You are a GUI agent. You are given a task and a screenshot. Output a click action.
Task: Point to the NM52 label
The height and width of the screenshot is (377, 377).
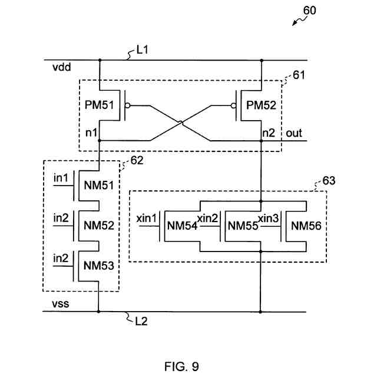[98, 225]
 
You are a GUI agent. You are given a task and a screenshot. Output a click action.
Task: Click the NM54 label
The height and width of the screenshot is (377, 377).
[181, 225]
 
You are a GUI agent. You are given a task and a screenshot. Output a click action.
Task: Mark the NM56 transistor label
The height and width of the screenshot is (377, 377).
[306, 225]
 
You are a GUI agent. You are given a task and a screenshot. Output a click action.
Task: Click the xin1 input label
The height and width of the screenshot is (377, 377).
[147, 218]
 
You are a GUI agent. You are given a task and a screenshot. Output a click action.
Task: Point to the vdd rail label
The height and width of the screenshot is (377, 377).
[62, 68]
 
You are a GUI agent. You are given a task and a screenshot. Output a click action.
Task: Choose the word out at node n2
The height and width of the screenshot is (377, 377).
[294, 133]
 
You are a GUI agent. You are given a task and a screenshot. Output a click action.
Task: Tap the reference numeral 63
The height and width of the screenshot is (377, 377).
[329, 181]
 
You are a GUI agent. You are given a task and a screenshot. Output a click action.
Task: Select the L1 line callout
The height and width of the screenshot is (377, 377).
[142, 51]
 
